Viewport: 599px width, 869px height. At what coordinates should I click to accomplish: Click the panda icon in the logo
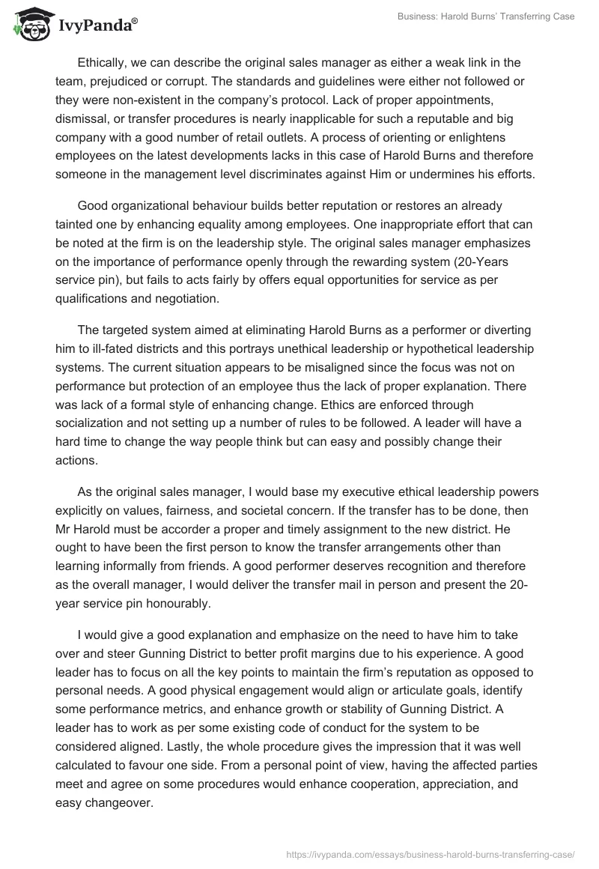[x=28, y=24]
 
